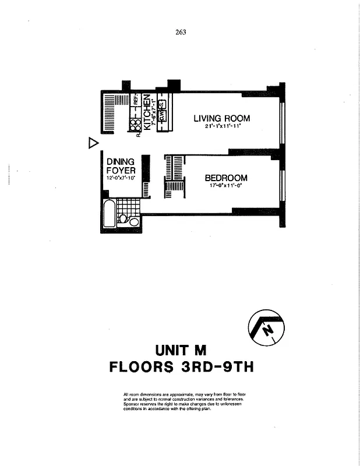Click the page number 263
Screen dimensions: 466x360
[180, 33]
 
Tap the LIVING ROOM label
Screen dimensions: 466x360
[222, 118]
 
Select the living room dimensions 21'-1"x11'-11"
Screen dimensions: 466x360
[222, 126]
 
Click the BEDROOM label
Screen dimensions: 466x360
[225, 178]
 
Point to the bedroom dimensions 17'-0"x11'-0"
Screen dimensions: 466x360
[225, 186]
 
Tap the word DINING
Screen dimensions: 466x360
[121, 161]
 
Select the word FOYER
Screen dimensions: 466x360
[121, 170]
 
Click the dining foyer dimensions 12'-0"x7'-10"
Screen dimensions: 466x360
[121, 178]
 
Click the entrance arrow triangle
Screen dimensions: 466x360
[91, 143]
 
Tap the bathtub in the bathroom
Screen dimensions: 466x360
[108, 214]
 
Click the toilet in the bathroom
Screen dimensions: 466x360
[123, 219]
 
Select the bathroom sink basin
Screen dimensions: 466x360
[135, 222]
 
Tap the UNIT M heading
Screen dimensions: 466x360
[181, 350]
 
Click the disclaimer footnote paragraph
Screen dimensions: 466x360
[184, 402]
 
